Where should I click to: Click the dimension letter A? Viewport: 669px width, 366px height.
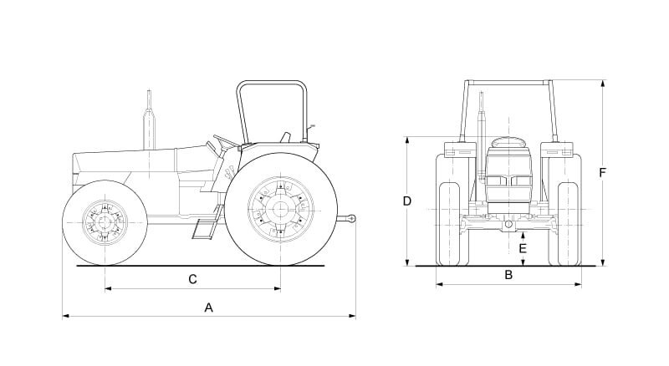pos(209,308)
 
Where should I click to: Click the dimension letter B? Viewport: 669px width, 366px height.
pos(508,275)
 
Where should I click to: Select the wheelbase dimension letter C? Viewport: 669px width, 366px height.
pos(192,278)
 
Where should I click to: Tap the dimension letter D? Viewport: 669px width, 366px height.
pos(406,201)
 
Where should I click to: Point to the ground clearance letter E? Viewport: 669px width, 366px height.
pos(523,248)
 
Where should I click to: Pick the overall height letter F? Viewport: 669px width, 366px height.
pos(602,172)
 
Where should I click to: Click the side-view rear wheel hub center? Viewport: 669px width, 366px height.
pos(280,210)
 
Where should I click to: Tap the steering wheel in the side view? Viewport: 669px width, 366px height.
pos(225,141)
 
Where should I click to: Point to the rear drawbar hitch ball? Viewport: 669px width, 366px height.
pos(352,219)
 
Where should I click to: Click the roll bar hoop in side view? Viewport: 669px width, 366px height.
pos(270,84)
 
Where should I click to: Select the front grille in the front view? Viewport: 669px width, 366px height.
pos(508,180)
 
